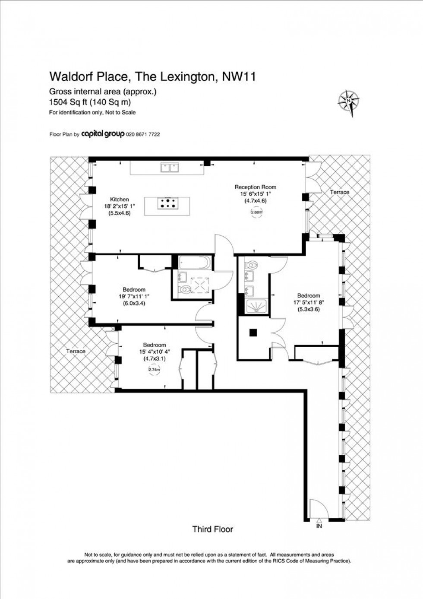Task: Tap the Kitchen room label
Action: [x=120, y=200]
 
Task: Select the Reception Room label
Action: [x=256, y=187]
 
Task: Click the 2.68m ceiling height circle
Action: [x=256, y=212]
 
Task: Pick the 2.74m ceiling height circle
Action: [x=154, y=369]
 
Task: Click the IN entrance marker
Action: [x=319, y=526]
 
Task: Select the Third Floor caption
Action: [x=212, y=529]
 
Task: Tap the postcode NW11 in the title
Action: [x=239, y=77]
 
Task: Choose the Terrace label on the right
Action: [x=340, y=192]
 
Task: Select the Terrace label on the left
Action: [x=76, y=351]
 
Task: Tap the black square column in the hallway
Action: [x=253, y=332]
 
